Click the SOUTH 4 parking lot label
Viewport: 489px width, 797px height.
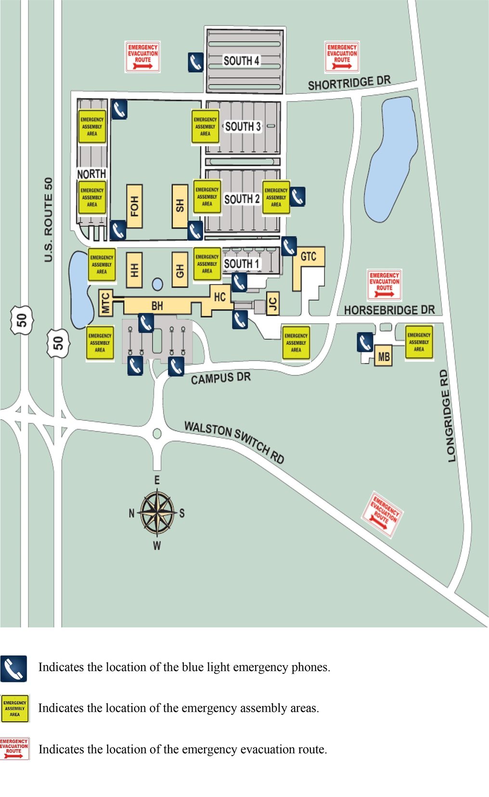(241, 61)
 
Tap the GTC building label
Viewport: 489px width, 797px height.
(308, 256)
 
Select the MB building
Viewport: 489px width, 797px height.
(384, 357)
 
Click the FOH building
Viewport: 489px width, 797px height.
(134, 206)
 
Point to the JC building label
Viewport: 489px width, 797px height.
(272, 304)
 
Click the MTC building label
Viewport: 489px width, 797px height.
(105, 303)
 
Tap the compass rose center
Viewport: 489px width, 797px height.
(157, 513)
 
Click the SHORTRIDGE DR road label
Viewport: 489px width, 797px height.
(349, 83)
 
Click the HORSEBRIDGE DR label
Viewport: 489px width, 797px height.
(389, 310)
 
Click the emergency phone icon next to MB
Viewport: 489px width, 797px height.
(365, 342)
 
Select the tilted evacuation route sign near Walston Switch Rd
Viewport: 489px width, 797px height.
(383, 514)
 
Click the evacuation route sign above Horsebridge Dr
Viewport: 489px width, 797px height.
(384, 284)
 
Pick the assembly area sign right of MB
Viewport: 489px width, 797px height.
(419, 342)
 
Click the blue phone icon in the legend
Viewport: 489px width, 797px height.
(13, 669)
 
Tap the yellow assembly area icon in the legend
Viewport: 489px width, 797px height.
(15, 708)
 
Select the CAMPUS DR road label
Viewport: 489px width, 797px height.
(220, 378)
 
